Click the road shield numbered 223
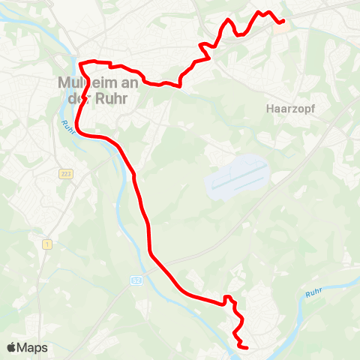(x=66, y=174)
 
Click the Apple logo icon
(x=12, y=347)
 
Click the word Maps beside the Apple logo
(x=33, y=348)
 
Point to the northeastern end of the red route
(x=283, y=21)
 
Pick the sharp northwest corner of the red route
(x=80, y=62)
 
